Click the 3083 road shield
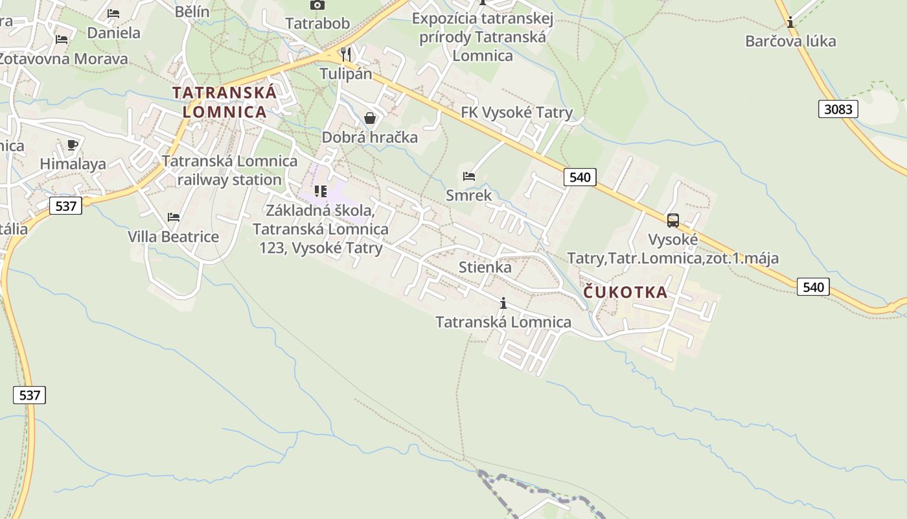(838, 109)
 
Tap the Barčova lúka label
(790, 42)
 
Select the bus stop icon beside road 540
(673, 221)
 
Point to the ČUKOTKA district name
(625, 292)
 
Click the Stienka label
(485, 267)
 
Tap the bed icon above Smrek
(469, 176)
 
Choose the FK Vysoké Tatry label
(516, 113)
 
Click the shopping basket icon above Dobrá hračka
(370, 118)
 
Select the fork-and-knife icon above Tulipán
(346, 54)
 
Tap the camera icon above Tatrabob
(317, 5)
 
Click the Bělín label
(192, 11)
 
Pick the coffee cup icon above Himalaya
(72, 145)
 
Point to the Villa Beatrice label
(173, 236)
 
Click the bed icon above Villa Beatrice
(173, 217)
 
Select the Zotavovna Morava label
(63, 59)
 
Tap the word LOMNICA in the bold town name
(224, 112)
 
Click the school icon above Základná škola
(320, 191)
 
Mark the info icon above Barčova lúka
(790, 23)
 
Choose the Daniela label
(113, 32)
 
